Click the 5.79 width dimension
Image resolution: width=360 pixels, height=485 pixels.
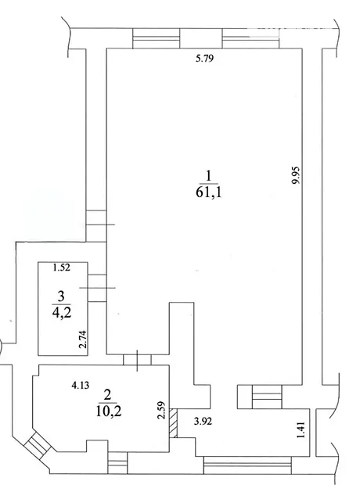coord(204,58)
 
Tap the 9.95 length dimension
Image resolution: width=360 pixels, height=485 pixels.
coord(297,175)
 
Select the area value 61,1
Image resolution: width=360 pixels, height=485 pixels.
coord(209,192)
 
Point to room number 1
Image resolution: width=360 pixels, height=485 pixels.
coord(209,176)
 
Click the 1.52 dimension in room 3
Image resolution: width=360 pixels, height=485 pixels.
coord(62,268)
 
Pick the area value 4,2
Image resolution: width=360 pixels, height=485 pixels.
coord(62,313)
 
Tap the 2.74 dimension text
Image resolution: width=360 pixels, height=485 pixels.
coord(83,339)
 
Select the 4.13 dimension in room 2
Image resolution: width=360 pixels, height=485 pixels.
coord(80,386)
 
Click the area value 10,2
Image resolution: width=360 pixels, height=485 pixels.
coord(108,411)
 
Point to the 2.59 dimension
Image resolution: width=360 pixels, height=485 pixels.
coord(161,411)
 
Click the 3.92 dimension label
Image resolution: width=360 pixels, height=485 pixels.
coord(203,422)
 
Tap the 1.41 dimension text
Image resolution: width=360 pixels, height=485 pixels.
coord(301,429)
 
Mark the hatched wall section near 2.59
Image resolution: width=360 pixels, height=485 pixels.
coord(173,423)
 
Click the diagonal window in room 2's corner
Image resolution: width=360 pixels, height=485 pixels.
coord(38,444)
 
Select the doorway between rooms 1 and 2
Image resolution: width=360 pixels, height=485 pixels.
coord(137,360)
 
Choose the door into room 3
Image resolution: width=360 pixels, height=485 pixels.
coord(97,288)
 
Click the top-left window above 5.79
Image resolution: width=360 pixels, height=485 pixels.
coord(156,38)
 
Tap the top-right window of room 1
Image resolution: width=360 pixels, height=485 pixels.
coord(250,38)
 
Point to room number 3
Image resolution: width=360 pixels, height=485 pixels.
coord(61,296)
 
